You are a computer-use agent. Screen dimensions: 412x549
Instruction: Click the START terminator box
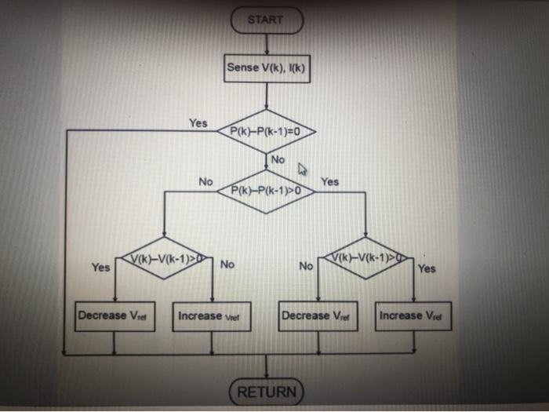[x=266, y=20]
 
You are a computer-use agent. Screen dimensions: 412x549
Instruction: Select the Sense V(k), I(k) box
[x=267, y=68]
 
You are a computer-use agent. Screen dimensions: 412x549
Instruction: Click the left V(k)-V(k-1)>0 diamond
[x=163, y=257]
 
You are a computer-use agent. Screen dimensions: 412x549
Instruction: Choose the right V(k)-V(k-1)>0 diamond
[x=366, y=257]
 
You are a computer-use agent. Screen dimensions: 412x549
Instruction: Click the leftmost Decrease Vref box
[x=114, y=315]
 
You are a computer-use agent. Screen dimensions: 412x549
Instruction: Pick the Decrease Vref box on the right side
[x=318, y=315]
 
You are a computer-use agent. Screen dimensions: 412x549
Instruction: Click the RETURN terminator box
[x=267, y=391]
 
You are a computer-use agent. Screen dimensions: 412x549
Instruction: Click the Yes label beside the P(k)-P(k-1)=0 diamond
[x=198, y=123]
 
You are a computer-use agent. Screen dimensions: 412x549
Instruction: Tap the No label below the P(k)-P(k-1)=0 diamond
[x=278, y=160]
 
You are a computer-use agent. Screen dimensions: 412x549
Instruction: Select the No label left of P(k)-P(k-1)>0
[x=205, y=181]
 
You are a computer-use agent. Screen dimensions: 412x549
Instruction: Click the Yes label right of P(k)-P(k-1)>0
[x=330, y=181]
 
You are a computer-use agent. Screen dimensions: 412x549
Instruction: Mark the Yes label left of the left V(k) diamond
[x=100, y=268]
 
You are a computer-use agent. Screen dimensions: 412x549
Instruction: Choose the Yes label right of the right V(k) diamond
[x=427, y=268]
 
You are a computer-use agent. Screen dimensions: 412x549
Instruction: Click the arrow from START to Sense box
[x=267, y=44]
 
